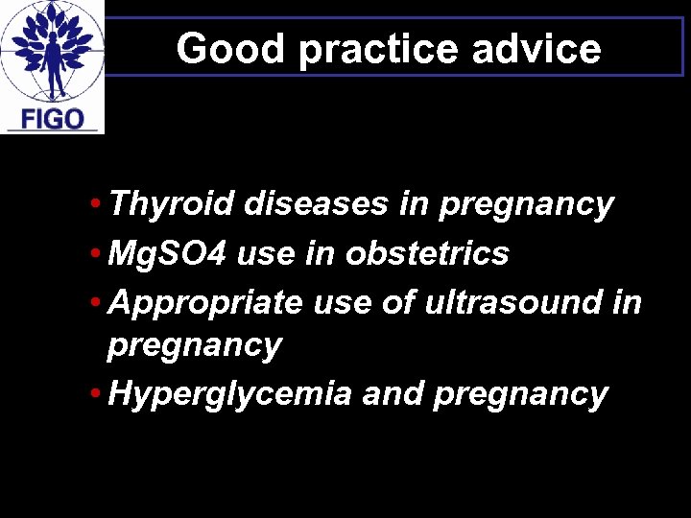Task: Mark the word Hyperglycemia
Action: [230, 394]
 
